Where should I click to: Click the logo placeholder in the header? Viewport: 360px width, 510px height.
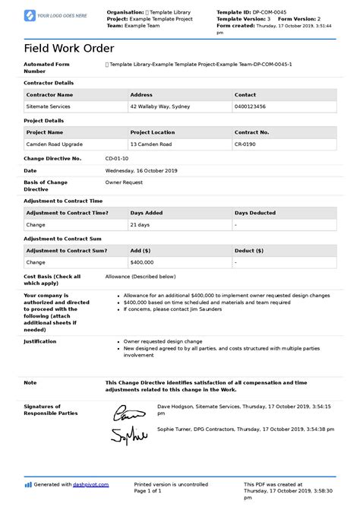(56, 15)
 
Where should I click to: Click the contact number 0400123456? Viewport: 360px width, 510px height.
(251, 107)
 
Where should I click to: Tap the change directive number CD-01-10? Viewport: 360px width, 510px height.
(117, 158)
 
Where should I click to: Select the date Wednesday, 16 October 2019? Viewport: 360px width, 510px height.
(141, 170)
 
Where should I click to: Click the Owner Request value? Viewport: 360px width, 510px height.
(124, 182)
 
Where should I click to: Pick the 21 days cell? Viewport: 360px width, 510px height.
(140, 225)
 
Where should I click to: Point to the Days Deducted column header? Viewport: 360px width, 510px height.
(255, 213)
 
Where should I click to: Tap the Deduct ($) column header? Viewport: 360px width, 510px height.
(249, 250)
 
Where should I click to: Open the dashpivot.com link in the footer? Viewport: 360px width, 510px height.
(91, 484)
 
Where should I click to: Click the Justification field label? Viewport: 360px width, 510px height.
(40, 341)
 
